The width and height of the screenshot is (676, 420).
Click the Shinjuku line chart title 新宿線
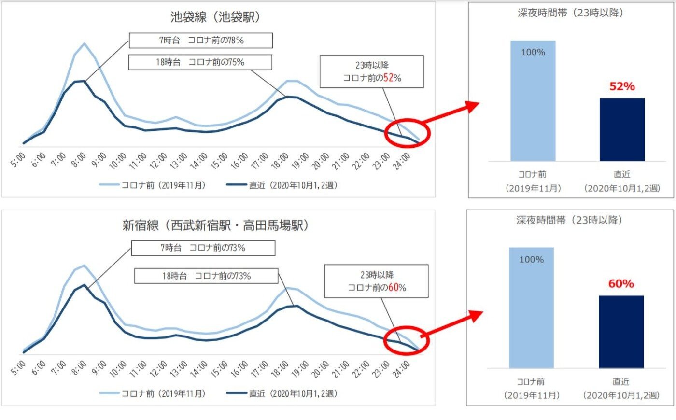pos(215,225)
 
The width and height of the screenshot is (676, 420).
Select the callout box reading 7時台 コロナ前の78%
pos(201,41)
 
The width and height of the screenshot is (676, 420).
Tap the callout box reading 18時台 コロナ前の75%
pos(200,62)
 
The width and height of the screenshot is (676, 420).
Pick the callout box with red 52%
pos(371,71)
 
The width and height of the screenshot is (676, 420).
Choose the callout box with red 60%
pos(376,281)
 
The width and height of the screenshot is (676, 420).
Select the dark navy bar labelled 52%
pos(622,129)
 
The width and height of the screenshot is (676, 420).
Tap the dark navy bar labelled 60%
pos(621,332)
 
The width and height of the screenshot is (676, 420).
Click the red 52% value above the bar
pos(622,86)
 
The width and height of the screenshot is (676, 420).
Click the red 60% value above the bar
pos(621,284)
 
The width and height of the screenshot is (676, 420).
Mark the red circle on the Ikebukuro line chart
pos(407,132)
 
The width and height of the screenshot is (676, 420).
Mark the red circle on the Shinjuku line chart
pos(406,340)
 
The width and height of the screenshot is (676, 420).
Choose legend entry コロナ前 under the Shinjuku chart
pos(153,394)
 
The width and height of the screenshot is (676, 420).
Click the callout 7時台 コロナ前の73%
pos(203,248)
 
